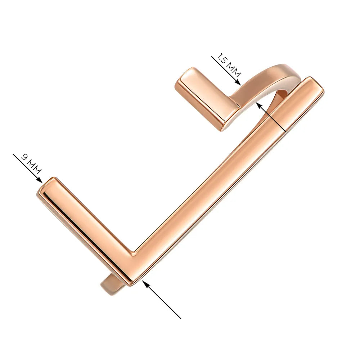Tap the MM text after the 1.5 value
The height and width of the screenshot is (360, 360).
click(234, 70)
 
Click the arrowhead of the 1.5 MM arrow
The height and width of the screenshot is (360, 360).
click(238, 83)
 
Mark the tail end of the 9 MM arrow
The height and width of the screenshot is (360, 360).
click(13, 154)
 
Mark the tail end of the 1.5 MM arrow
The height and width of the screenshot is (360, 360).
click(212, 57)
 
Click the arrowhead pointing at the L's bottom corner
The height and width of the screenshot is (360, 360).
click(145, 283)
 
